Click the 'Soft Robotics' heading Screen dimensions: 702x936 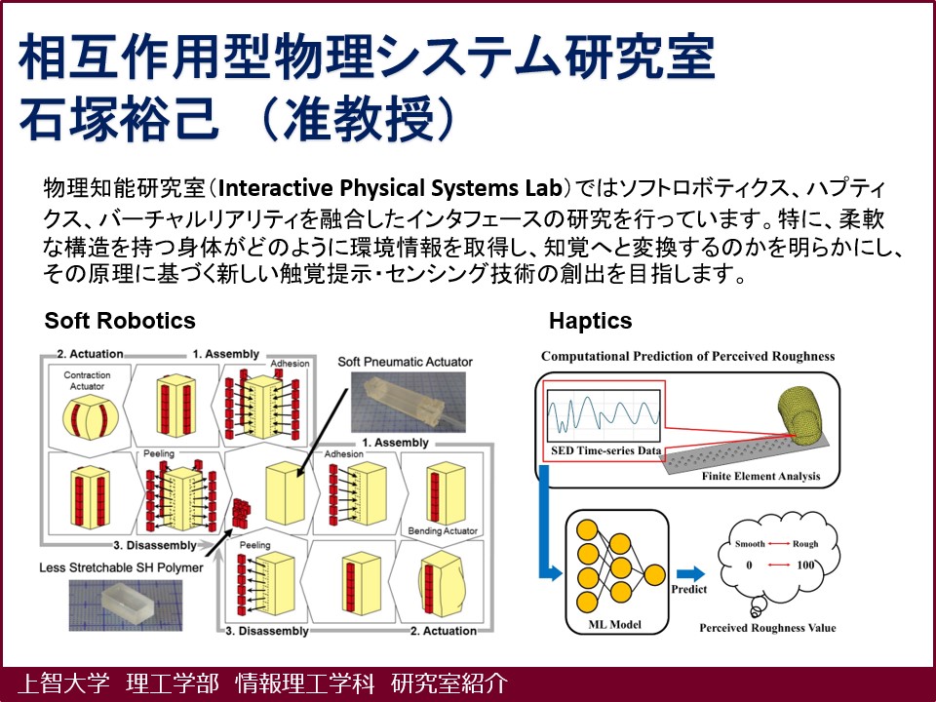[x=120, y=321]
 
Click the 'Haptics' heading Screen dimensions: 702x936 [x=590, y=321]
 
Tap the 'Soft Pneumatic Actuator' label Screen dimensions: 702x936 [x=405, y=362]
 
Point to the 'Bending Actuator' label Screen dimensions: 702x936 [x=449, y=530]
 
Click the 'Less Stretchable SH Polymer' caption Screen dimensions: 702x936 [x=122, y=566]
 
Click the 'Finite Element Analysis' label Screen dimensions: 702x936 [x=760, y=477]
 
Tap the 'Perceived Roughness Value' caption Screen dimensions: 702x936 [x=767, y=627]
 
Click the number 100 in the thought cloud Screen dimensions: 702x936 [x=805, y=565]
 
